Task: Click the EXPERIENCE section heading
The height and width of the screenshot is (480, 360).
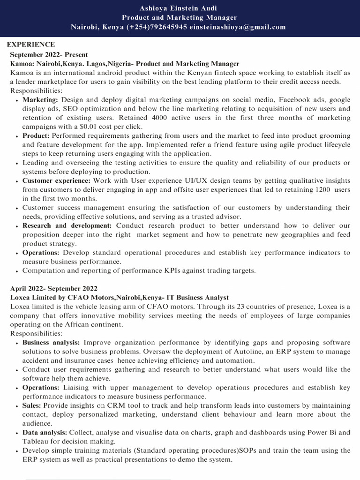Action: coord(31,45)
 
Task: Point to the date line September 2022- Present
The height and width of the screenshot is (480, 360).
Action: coord(49,54)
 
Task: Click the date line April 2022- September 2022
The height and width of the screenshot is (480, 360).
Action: coord(53,288)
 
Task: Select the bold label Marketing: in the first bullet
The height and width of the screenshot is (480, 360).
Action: coord(40,100)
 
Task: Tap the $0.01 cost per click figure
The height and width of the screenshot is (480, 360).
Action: coord(107,127)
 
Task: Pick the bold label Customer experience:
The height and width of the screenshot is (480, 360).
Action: coord(57,180)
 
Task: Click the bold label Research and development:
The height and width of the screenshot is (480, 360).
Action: coord(67,225)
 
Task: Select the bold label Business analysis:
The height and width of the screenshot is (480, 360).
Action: coord(51,343)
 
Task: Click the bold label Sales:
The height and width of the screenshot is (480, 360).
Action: coord(32,405)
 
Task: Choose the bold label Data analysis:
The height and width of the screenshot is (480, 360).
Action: coord(45,433)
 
